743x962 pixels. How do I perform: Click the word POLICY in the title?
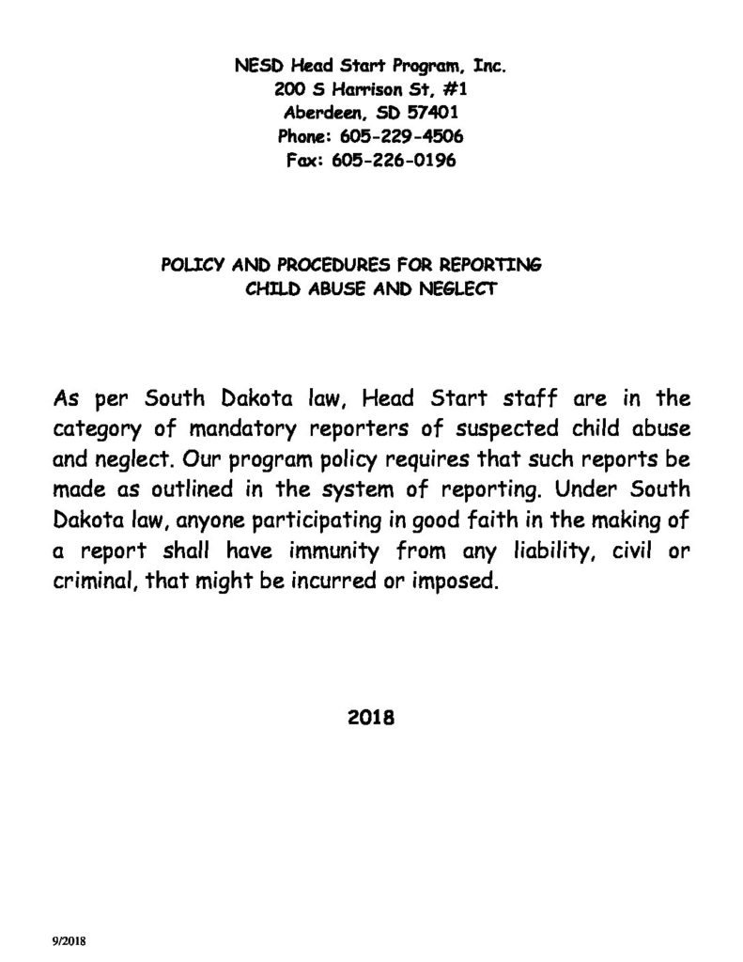click(193, 266)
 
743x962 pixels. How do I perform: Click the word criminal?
click(87, 581)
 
